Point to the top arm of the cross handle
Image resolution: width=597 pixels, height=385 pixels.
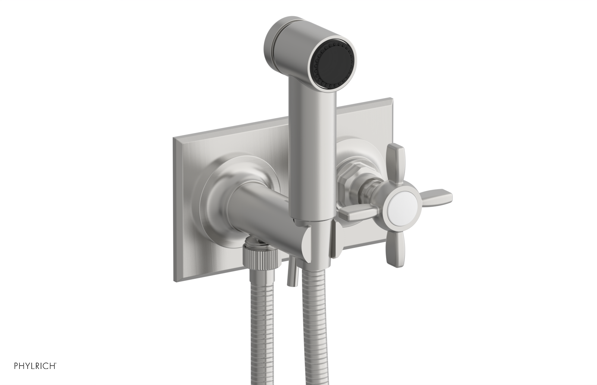point(396,160)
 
